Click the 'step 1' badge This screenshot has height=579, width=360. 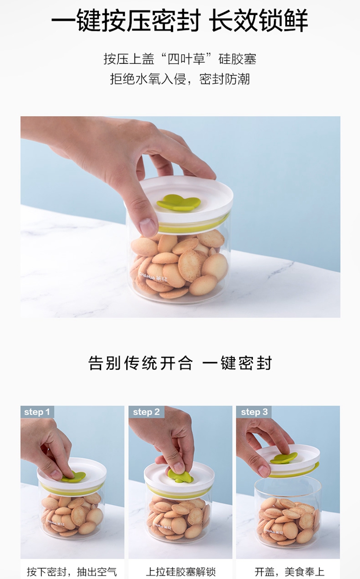[x=37, y=412]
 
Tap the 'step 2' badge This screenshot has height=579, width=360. [x=146, y=412]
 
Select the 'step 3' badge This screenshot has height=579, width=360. [x=254, y=412]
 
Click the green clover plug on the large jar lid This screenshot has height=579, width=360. [x=179, y=203]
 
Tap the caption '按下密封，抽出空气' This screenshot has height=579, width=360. [x=72, y=572]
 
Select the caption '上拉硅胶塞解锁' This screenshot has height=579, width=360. [x=180, y=572]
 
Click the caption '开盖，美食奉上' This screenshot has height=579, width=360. [x=289, y=572]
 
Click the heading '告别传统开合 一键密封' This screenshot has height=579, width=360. [x=180, y=363]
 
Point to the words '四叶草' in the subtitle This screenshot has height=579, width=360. [x=186, y=59]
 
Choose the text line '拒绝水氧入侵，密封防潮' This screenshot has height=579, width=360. [x=180, y=79]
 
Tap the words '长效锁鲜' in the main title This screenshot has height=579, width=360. [x=259, y=20]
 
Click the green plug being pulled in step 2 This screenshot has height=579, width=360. [x=180, y=476]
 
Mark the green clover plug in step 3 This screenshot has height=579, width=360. [x=284, y=458]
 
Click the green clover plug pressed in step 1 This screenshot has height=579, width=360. [x=74, y=476]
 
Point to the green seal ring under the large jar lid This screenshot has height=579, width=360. [x=194, y=225]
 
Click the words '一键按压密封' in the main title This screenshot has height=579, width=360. [x=126, y=20]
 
